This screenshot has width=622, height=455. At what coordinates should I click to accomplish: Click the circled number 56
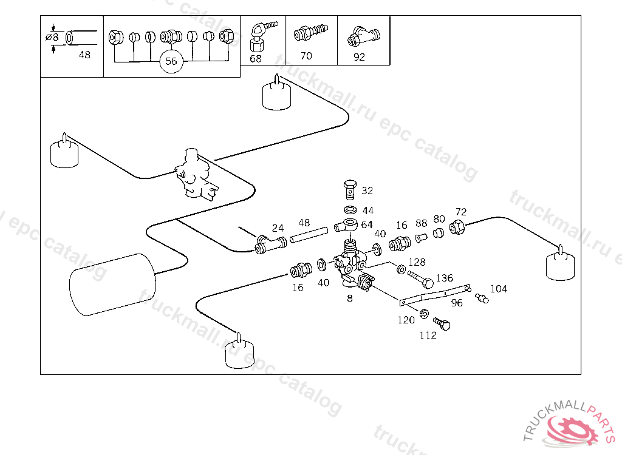pyautogui.click(x=171, y=61)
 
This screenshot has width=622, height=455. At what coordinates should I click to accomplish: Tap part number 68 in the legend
pyautogui.click(x=256, y=58)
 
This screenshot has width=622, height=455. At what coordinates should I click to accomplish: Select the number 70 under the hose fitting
pyautogui.click(x=306, y=56)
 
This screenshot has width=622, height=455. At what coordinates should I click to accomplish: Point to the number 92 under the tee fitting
pyautogui.click(x=359, y=58)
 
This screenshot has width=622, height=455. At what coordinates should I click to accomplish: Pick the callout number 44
pyautogui.click(x=368, y=211)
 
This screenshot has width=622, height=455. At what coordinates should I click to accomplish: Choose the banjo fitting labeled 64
pyautogui.click(x=346, y=227)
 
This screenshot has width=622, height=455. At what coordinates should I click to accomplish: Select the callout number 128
pyautogui.click(x=417, y=262)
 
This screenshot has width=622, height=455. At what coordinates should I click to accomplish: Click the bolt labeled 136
pyautogui.click(x=421, y=280)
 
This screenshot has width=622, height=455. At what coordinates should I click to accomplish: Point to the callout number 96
pyautogui.click(x=457, y=303)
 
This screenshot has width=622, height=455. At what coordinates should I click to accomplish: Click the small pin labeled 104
pyautogui.click(x=482, y=298)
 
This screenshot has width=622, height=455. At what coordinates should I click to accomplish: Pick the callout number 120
pyautogui.click(x=406, y=320)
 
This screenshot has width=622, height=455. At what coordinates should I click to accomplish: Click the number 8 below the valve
pyautogui.click(x=350, y=298)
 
